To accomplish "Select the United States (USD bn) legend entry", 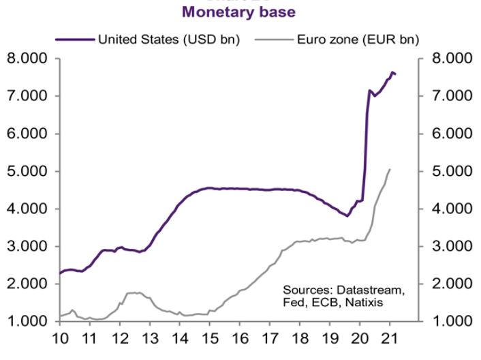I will (x=168, y=39).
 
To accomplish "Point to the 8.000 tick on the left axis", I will (x=27, y=59).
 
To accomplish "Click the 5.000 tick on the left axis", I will (x=27, y=171).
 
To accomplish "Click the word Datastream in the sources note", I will (x=371, y=290).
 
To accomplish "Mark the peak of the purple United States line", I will (x=392, y=72).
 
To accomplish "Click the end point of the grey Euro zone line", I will (x=389, y=169).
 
